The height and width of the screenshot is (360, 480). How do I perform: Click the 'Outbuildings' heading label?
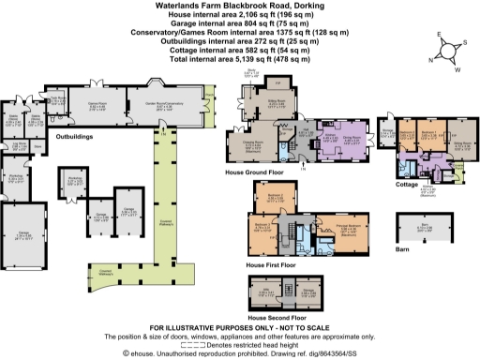click(79, 138)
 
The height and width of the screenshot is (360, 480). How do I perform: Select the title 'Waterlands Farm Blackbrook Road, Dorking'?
click(239, 6)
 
